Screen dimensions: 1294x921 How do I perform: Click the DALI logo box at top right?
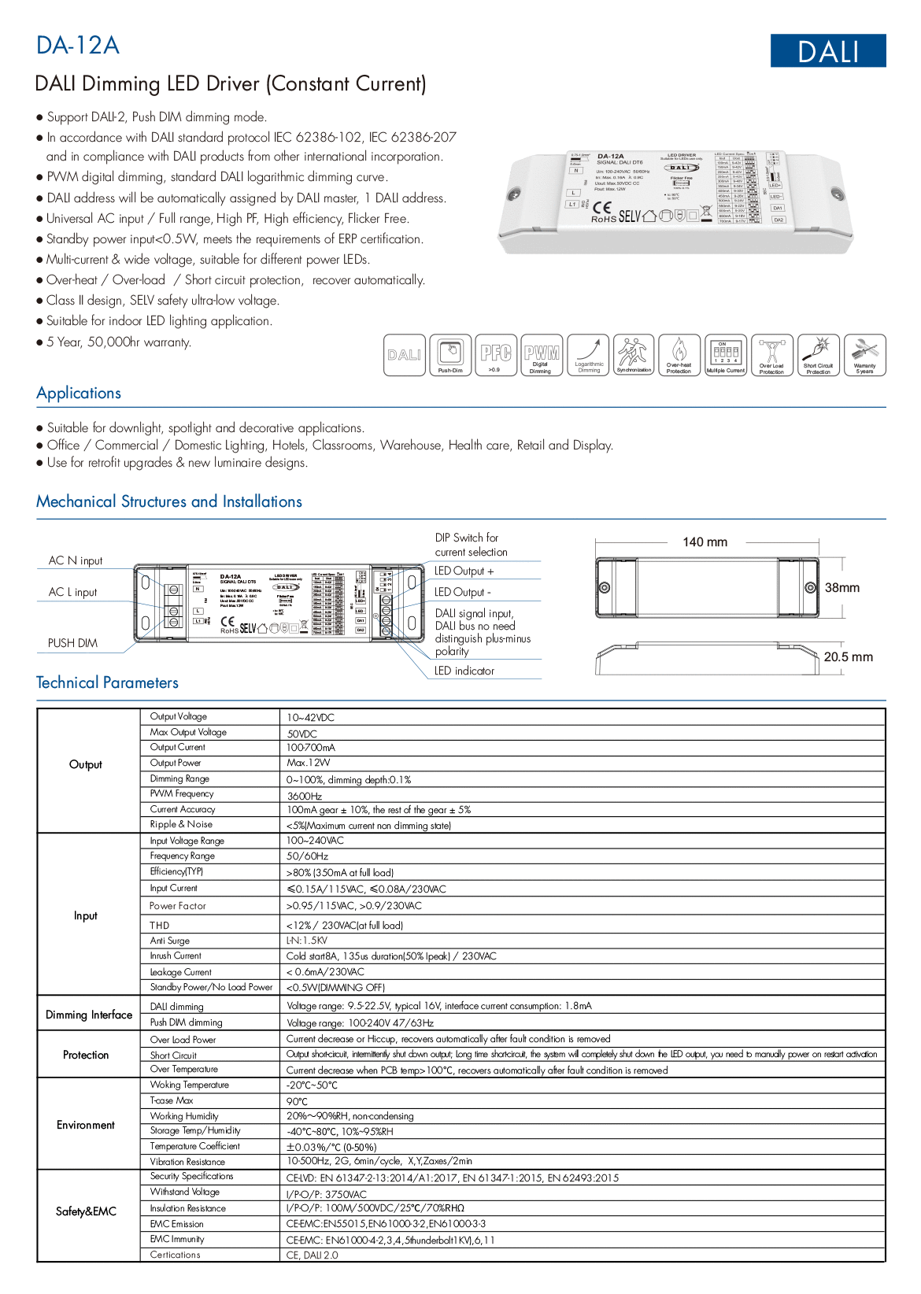point(827,51)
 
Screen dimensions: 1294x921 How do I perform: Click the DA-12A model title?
point(78,46)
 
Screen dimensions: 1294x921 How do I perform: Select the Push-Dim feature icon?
point(450,355)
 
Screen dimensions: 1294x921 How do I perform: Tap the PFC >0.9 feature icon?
point(496,355)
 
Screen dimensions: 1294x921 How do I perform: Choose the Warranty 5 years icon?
point(864,355)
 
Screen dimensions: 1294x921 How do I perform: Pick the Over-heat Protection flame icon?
point(679,355)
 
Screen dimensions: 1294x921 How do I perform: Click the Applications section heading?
point(79,393)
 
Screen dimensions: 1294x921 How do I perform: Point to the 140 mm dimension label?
point(705,542)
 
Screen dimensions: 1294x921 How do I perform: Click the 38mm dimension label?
point(841,588)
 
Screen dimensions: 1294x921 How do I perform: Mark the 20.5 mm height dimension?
point(848,657)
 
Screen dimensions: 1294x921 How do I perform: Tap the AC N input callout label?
point(76,560)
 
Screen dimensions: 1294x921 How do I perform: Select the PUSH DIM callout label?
point(72,643)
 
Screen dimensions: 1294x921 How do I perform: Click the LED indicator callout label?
point(464,671)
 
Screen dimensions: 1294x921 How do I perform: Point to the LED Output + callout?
point(464,571)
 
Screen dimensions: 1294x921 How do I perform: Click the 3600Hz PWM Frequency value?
point(305,796)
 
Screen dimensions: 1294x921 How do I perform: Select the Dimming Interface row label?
point(89,1015)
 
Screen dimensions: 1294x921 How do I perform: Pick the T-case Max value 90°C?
point(297,1101)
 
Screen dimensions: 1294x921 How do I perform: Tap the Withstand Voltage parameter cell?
point(185,1192)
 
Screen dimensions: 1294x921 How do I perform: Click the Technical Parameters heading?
point(107,682)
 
